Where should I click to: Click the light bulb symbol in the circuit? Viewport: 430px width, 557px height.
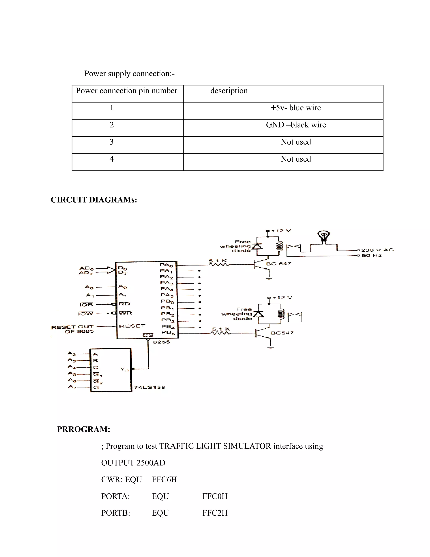tap(324, 236)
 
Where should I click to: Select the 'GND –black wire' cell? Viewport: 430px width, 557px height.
tap(296, 125)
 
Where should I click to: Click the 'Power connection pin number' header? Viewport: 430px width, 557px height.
tap(127, 91)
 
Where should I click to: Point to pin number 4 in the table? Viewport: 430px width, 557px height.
tap(111, 159)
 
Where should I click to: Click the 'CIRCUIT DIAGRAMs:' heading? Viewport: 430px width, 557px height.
tap(94, 200)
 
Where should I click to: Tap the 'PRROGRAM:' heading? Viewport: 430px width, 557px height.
tap(84, 429)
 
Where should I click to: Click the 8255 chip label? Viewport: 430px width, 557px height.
tap(161, 342)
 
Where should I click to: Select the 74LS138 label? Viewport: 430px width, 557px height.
tap(149, 387)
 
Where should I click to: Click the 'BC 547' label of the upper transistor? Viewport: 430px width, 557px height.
tap(278, 264)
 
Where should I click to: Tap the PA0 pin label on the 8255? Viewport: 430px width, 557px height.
tap(166, 265)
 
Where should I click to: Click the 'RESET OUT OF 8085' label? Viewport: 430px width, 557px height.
tap(73, 329)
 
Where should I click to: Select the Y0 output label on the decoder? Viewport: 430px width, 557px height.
tap(124, 370)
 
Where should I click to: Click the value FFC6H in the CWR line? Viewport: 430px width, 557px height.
tap(164, 480)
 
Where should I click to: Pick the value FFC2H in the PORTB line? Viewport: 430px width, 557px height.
tap(215, 513)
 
